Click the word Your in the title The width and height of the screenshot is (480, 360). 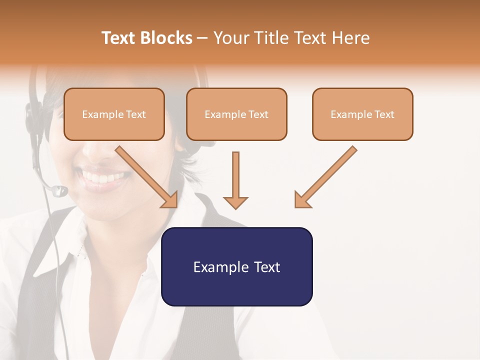(x=231, y=38)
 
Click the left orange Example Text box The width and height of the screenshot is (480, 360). (x=114, y=114)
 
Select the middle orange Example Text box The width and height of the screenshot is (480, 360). (x=236, y=114)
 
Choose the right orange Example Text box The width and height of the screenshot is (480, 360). (x=362, y=114)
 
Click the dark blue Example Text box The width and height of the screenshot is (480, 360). (x=236, y=266)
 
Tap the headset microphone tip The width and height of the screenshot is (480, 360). (x=59, y=190)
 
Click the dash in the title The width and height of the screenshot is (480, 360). (x=203, y=38)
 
